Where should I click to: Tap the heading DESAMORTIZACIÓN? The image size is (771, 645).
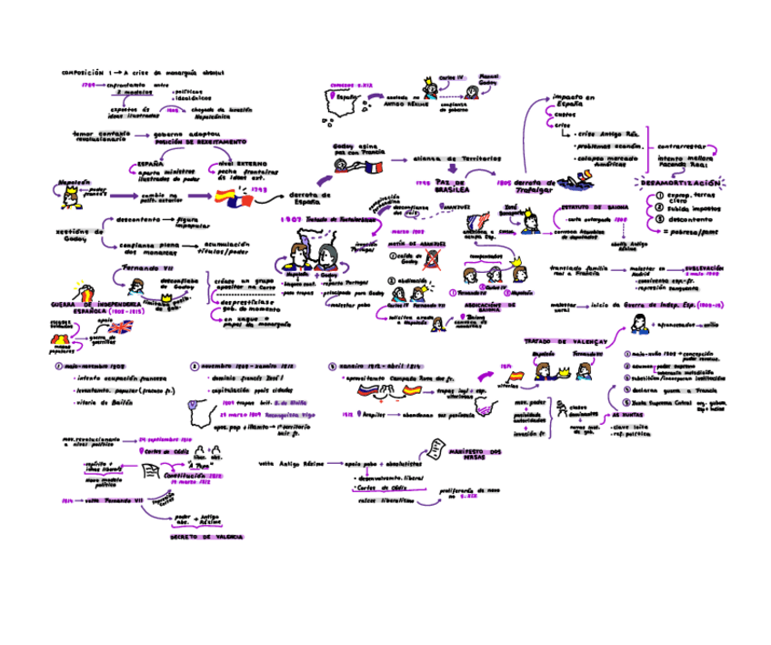[680, 183]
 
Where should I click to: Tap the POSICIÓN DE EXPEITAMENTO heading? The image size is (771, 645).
[199, 143]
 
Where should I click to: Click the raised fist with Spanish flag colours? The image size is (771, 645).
[85, 294]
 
